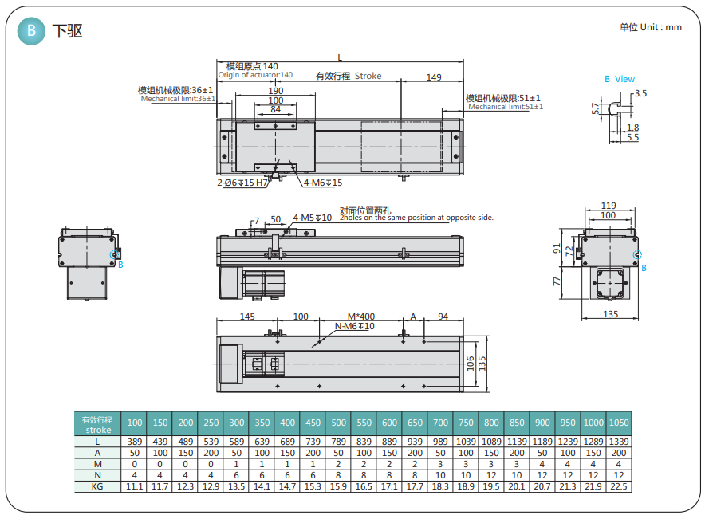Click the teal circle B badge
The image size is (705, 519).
pos(31,31)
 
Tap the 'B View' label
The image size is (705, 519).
pos(620,79)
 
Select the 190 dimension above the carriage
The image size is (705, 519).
pos(275,90)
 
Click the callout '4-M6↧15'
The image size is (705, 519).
pos(323,183)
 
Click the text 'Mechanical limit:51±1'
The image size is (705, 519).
pos(506,106)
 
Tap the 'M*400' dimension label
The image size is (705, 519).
pos(361,317)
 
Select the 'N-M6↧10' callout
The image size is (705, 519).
pos(354,326)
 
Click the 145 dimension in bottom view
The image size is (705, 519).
pos(246,317)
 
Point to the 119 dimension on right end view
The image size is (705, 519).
pos(609,205)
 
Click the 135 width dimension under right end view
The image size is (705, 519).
pos(610,314)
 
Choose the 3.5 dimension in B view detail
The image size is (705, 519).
pos(641,93)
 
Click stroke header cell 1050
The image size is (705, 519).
pos(618,423)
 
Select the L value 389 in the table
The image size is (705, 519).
pos(135,441)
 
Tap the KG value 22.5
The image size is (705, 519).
pos(618,486)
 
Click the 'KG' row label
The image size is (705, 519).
pos(97,486)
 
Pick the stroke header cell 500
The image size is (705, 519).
pos(338,423)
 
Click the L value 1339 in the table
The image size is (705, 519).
pos(618,441)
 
